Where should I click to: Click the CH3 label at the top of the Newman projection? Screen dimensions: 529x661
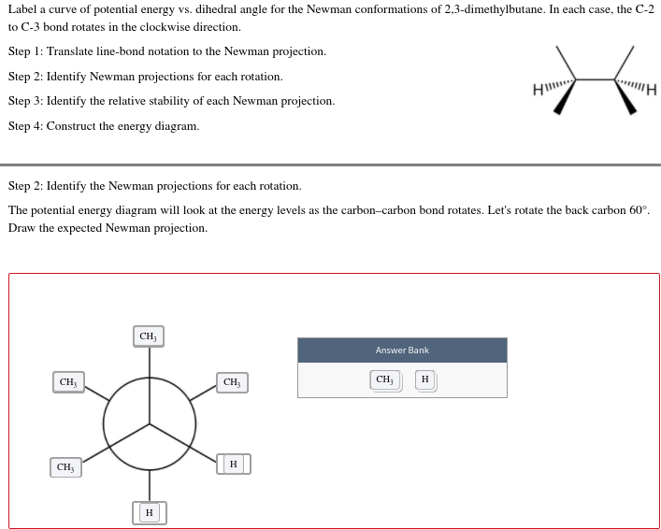tap(148, 336)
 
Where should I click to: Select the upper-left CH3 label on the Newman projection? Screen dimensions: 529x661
tap(68, 382)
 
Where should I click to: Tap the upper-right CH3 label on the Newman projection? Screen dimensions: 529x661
tap(232, 382)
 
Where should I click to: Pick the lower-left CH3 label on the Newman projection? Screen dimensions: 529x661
tap(65, 466)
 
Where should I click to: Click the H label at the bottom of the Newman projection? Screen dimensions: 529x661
tap(149, 512)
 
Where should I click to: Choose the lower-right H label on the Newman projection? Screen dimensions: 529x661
tap(233, 464)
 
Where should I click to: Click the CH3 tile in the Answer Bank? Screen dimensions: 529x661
tap(384, 379)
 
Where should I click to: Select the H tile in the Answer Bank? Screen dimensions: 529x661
tap(425, 379)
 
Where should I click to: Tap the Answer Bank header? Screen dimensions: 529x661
tap(402, 350)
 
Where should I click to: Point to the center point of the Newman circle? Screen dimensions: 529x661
tap(150, 423)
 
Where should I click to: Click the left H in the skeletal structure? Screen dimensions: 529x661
tap(537, 90)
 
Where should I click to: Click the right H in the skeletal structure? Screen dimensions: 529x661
tap(652, 91)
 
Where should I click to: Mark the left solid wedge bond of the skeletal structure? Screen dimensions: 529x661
tap(565, 98)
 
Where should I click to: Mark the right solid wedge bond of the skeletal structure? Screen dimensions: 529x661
tap(625, 98)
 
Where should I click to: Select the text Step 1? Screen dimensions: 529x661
tap(25, 51)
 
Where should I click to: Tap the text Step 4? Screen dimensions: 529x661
tap(25, 126)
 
